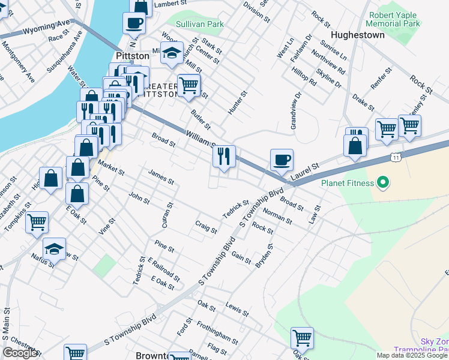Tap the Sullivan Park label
coord(199,25)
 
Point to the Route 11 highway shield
coord(396,157)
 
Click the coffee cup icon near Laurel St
coord(282,160)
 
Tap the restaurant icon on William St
coord(224,157)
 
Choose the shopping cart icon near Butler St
coord(189,86)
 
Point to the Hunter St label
coord(238,103)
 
